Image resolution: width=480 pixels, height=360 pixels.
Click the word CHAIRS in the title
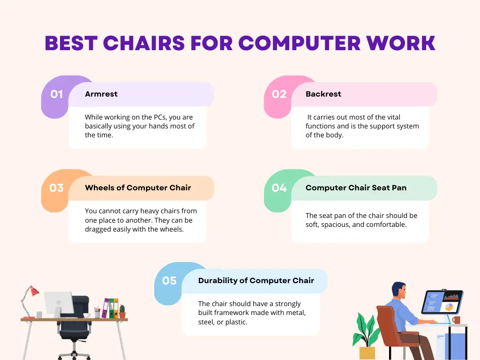(144, 43)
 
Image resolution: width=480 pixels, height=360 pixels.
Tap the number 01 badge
(57, 94)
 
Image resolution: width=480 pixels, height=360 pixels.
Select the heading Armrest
(101, 94)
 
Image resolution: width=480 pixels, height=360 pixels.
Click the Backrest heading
(323, 94)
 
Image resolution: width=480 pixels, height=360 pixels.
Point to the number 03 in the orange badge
(56, 187)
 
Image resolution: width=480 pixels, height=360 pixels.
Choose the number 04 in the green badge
(279, 187)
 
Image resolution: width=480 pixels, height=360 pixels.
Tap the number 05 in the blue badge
(169, 280)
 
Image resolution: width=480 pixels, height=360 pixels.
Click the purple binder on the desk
(106, 308)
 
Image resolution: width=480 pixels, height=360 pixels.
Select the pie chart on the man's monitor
(449, 307)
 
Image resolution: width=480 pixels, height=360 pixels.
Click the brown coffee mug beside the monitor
(456, 320)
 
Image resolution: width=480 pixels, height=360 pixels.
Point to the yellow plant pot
(367, 353)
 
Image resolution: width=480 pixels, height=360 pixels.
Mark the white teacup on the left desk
(87, 315)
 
